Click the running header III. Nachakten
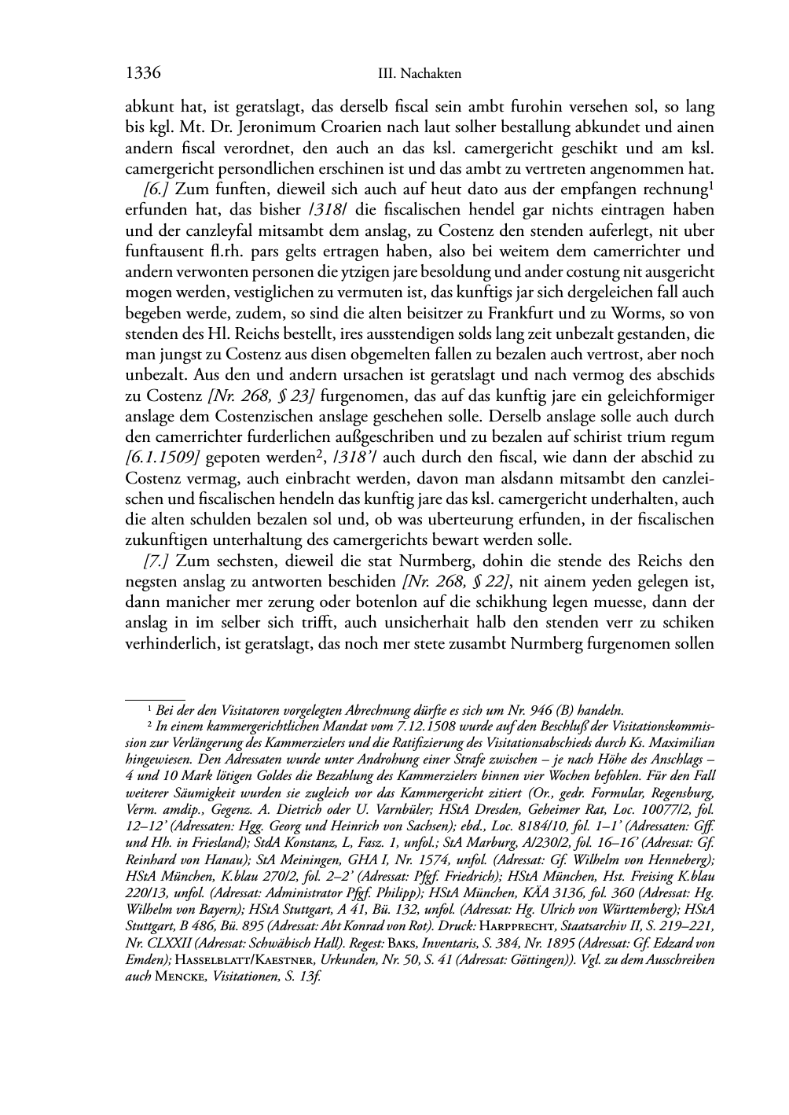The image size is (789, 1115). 420,74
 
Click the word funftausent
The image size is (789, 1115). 160,251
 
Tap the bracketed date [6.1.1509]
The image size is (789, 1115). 163,457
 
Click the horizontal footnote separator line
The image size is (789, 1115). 155,697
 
